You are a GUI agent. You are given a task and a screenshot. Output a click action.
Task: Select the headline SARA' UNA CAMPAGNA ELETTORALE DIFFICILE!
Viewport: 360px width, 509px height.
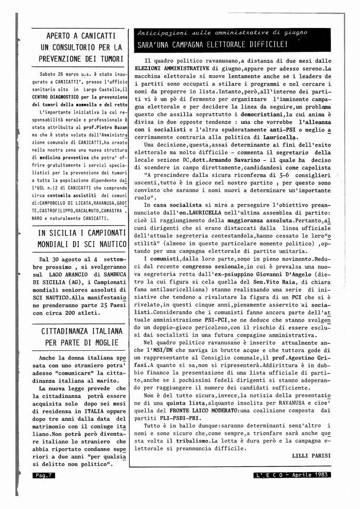click(212, 44)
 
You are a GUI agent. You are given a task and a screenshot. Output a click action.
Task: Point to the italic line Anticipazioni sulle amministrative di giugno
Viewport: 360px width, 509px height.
click(222, 32)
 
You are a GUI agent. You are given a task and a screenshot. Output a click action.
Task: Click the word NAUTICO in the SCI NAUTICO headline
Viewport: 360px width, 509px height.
click(108, 244)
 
